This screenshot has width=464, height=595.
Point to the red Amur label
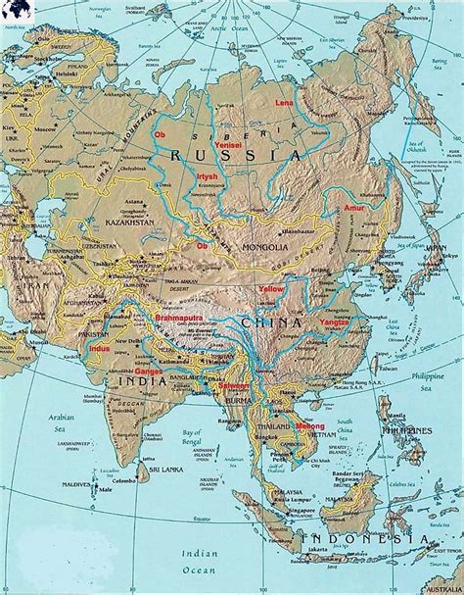(x=353, y=209)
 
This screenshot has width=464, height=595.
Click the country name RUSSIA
(x=233, y=156)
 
